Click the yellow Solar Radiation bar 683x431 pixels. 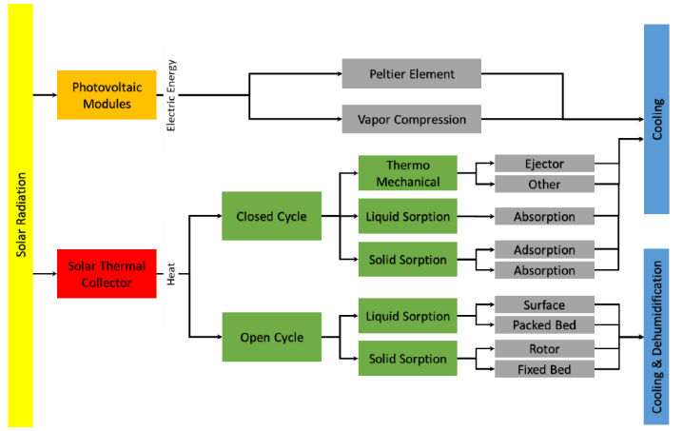(x=20, y=215)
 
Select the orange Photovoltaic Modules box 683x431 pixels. (x=106, y=94)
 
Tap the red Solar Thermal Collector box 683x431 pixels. (x=106, y=274)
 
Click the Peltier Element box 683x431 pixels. (x=411, y=73)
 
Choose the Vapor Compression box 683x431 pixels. (x=411, y=120)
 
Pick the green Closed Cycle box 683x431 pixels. (x=271, y=216)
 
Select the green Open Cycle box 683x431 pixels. (x=271, y=337)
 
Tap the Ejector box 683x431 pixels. (x=544, y=164)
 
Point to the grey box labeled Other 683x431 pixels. (x=544, y=184)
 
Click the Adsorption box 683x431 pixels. (x=544, y=249)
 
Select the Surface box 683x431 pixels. (x=544, y=305)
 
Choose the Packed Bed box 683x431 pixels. (x=544, y=325)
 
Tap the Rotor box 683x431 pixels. (x=544, y=348)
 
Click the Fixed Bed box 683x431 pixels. (x=544, y=368)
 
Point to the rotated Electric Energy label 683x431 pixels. (x=171, y=95)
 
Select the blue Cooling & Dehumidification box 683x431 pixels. (x=656, y=337)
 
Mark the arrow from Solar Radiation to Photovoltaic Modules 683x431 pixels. (x=45, y=94)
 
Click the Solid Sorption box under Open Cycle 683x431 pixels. (x=407, y=359)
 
